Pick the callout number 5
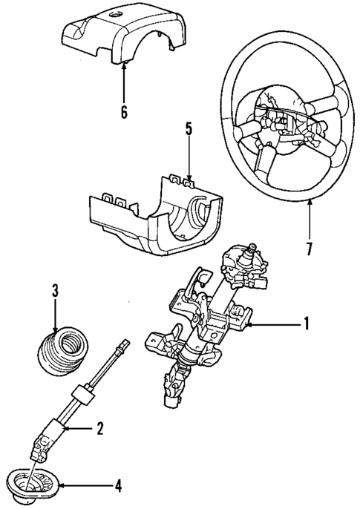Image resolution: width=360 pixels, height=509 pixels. (x=189, y=130)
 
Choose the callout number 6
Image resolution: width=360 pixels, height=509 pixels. (x=124, y=113)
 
